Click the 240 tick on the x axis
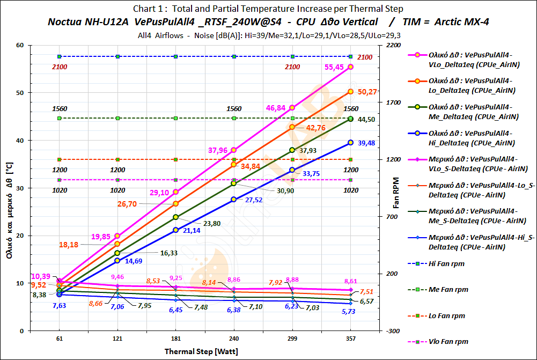coord(234,339)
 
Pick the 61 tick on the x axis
coord(60,339)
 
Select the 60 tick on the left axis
coord(20,45)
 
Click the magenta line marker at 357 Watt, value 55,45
coord(350,67)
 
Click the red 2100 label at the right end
coord(365,57)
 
